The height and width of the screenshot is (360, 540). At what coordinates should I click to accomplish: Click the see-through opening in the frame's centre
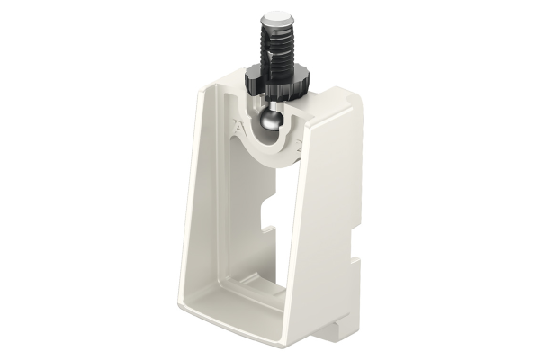click(x=270, y=234)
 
